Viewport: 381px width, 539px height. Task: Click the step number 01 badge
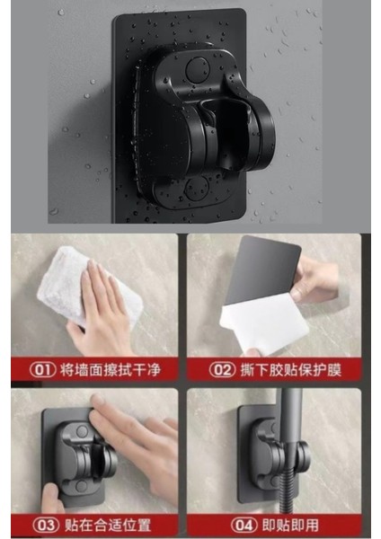(42, 369)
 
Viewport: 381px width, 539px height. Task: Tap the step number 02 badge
(223, 370)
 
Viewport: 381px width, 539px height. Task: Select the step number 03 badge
(47, 525)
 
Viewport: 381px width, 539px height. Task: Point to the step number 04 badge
(244, 525)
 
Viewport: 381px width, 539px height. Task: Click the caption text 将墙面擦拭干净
(111, 370)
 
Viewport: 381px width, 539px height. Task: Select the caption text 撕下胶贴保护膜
(291, 370)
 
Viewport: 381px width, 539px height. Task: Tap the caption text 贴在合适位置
(108, 525)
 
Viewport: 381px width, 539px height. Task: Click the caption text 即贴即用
(290, 525)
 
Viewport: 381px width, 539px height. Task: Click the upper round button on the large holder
(198, 69)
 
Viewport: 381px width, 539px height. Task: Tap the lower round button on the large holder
(197, 188)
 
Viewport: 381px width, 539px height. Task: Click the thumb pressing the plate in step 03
(51, 498)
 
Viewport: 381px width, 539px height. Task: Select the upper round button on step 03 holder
(82, 431)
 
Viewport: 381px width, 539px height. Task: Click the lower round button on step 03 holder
(81, 486)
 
